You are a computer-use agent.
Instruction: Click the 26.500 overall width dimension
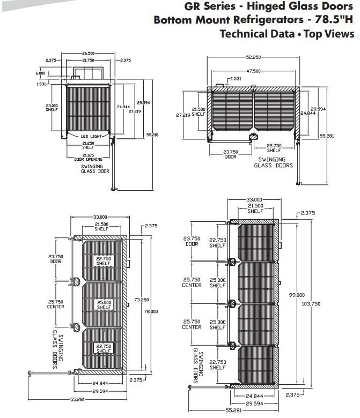(x=89, y=54)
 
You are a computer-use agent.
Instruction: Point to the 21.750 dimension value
(x=89, y=60)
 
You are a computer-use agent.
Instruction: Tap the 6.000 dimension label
(x=41, y=73)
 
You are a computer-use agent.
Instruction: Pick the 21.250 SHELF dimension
(x=89, y=146)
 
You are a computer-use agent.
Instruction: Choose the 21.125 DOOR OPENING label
(x=88, y=157)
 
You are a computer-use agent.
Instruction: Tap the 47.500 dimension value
(x=253, y=71)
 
